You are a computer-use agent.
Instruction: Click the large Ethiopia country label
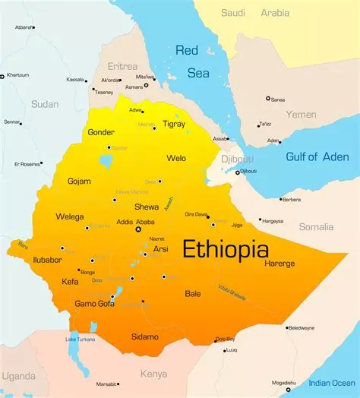(x=225, y=249)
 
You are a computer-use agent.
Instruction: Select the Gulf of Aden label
(x=317, y=156)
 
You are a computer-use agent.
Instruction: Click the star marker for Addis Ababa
(x=138, y=229)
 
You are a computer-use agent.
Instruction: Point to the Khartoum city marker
(x=2, y=76)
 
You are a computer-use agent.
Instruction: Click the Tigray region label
(x=174, y=124)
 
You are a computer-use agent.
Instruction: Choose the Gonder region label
(x=101, y=132)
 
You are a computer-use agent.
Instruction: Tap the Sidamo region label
(x=144, y=336)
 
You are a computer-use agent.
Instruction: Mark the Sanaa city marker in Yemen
(x=268, y=98)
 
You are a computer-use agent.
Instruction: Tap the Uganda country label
(x=18, y=376)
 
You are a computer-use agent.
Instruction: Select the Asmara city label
(x=134, y=87)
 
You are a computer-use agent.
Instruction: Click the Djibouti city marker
(x=237, y=172)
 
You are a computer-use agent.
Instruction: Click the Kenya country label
(x=153, y=374)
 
